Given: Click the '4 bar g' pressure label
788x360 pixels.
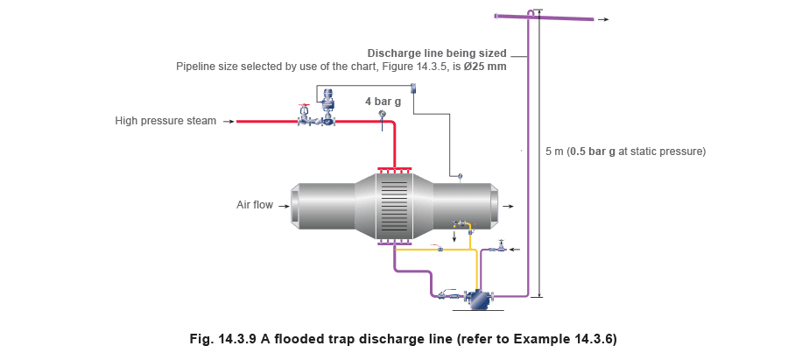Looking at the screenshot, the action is (383, 102).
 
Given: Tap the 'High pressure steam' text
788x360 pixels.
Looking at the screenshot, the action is (165, 121).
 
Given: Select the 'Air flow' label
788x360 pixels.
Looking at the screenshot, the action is (255, 205).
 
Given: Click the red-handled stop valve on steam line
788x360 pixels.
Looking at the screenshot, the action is (304, 116).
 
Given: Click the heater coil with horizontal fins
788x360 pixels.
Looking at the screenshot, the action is (394, 207).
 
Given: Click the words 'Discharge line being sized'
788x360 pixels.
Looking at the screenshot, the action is (437, 53).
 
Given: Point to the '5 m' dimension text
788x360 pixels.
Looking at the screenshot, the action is (554, 152).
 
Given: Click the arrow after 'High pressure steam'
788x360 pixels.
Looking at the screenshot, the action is (229, 121).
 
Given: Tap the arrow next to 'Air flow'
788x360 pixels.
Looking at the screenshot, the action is (285, 206).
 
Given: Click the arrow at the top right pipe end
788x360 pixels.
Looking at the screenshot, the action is (603, 19).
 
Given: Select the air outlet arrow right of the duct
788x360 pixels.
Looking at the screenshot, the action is (509, 206).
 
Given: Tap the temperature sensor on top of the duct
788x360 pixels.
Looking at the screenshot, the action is (460, 178).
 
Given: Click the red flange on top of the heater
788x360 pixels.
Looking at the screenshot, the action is (394, 169).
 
